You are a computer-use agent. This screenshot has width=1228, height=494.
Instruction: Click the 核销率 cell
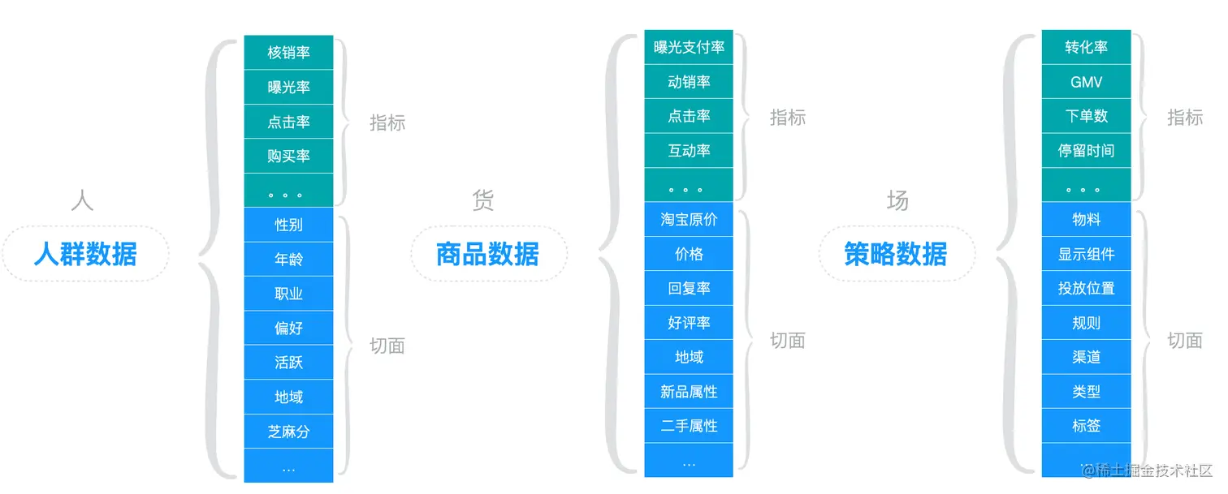(288, 53)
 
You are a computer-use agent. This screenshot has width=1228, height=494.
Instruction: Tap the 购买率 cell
(288, 156)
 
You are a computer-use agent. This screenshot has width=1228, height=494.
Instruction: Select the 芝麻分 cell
(288, 432)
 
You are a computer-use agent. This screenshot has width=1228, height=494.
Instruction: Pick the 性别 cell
(288, 225)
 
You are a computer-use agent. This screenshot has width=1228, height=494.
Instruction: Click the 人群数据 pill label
(85, 254)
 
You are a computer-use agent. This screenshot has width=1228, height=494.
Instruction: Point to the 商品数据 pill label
(487, 254)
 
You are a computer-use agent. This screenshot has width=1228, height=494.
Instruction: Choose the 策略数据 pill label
(895, 254)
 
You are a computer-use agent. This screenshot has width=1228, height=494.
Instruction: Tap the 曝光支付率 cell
(689, 48)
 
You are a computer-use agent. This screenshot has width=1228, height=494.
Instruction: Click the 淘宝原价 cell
(689, 220)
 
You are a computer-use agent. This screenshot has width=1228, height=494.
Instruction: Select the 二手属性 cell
(689, 426)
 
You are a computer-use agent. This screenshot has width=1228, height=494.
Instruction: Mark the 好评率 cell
(689, 323)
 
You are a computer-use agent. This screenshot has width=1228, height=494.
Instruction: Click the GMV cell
(1086, 82)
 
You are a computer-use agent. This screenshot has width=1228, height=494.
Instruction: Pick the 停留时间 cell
(1086, 151)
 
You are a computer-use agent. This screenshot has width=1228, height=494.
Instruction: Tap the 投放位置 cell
(1086, 288)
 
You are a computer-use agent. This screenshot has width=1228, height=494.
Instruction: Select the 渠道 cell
(1086, 357)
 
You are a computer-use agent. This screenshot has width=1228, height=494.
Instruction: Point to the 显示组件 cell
(1086, 254)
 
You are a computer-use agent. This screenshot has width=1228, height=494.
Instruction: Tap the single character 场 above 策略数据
(897, 200)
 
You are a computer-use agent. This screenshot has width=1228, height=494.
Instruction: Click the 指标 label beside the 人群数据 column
(387, 123)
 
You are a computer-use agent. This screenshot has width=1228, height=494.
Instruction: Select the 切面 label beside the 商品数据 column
(787, 341)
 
